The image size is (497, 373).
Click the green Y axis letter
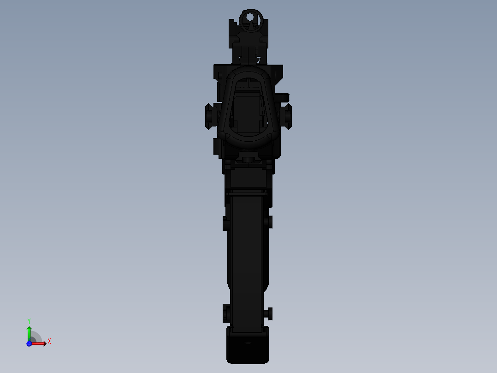point(29,320)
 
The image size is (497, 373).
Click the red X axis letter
point(49,342)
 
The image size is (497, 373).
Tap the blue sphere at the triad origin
point(29,343)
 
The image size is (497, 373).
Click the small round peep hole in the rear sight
point(249,18)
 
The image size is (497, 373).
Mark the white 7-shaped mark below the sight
point(259,60)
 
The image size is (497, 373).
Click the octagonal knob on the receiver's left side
point(210,115)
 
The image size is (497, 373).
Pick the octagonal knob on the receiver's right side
point(287,115)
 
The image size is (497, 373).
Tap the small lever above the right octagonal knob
point(283,97)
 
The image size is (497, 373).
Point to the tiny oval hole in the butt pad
point(248,343)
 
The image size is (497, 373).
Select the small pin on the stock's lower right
point(270,314)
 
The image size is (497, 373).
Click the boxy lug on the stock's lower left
point(226,313)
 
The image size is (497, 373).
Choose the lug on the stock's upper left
point(226,223)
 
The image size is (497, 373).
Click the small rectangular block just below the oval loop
point(248,159)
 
